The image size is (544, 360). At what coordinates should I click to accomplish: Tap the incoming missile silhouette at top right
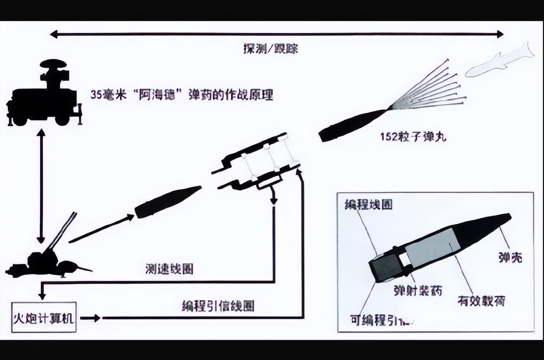tap(499, 59)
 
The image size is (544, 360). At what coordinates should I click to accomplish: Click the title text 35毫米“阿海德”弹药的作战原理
tap(182, 94)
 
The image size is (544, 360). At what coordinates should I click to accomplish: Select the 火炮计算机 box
tap(44, 317)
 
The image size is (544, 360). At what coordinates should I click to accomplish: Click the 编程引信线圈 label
tap(218, 306)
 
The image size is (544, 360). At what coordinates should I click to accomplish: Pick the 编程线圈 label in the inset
tap(368, 204)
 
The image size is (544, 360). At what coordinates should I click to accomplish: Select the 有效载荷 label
tap(481, 301)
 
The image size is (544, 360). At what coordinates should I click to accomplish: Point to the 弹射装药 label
tap(418, 290)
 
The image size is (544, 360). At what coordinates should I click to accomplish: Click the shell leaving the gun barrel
tap(168, 202)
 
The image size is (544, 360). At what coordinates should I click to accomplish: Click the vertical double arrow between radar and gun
tap(41, 186)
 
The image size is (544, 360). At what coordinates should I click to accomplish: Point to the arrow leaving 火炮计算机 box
tap(90, 318)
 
